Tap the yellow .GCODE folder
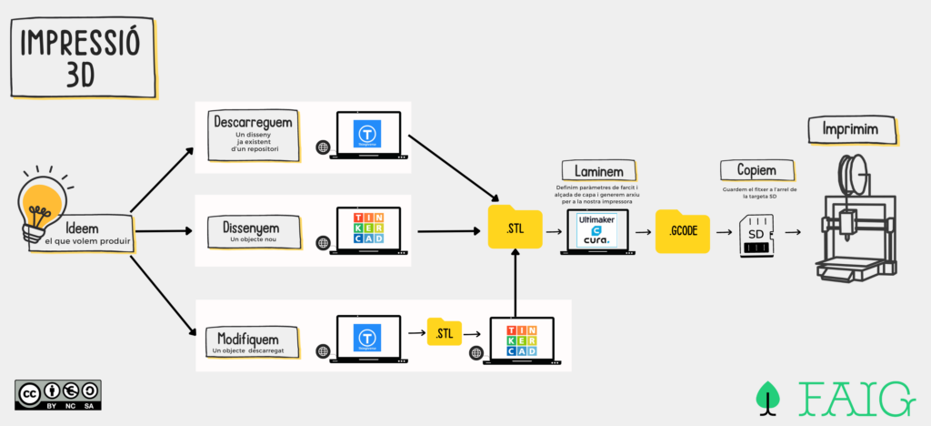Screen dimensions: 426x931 coord(682,231)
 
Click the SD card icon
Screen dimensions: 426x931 coord(756,234)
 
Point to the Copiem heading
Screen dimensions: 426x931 coord(756,170)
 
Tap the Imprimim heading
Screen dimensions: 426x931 coord(850,130)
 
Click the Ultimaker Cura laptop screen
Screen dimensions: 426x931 coord(596,227)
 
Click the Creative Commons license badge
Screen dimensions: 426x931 coord(58,394)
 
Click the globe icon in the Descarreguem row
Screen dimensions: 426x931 coord(322,147)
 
